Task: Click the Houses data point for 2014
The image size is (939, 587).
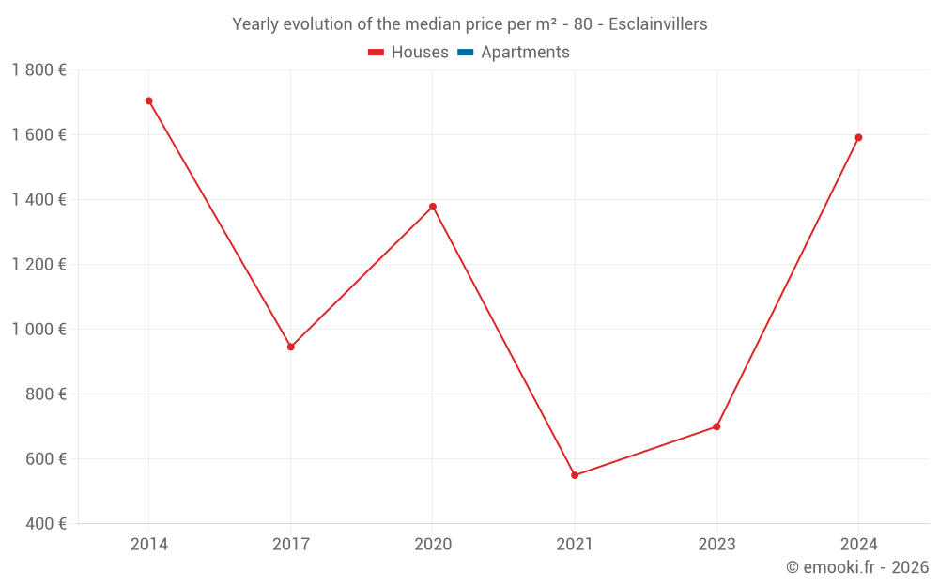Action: [148, 100]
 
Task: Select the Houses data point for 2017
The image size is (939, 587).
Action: [291, 347]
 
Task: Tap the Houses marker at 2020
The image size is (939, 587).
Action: [433, 207]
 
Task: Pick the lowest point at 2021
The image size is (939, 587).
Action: [575, 475]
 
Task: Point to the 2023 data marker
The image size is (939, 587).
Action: [716, 426]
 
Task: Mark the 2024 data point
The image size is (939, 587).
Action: [858, 137]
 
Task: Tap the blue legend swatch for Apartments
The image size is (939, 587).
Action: [465, 53]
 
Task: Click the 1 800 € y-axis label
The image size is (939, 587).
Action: [38, 70]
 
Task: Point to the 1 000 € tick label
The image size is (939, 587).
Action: [38, 329]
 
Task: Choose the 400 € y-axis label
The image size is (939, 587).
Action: [46, 523]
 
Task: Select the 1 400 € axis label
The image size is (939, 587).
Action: [38, 199]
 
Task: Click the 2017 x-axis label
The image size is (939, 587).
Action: [291, 544]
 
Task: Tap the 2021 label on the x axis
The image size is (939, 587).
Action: [575, 544]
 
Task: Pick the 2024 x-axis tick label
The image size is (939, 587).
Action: [858, 544]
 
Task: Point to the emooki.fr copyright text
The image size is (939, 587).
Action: [856, 567]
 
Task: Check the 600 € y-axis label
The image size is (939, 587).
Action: [46, 458]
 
